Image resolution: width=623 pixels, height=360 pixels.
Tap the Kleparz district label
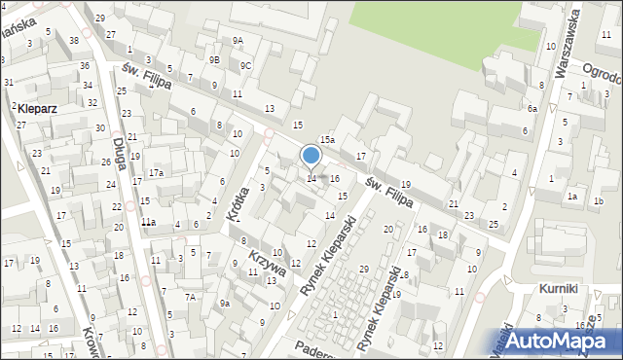(37, 109)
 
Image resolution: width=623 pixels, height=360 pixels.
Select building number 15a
(328, 141)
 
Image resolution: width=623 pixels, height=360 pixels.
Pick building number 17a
(155, 173)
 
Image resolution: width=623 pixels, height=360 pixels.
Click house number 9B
(214, 59)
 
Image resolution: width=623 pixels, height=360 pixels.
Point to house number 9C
(246, 66)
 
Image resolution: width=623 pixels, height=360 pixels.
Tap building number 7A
(191, 297)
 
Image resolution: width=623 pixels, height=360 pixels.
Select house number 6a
(532, 109)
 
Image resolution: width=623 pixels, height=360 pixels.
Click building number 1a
(572, 198)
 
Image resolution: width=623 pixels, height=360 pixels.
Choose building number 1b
(598, 201)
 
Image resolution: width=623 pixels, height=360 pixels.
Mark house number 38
(74, 40)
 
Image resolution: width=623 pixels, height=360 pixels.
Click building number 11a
(148, 223)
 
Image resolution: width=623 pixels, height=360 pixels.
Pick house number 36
(85, 65)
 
